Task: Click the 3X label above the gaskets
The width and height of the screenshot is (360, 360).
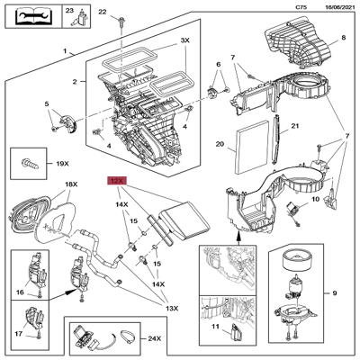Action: pyautogui.click(x=185, y=41)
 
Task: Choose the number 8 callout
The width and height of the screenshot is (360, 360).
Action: pyautogui.click(x=343, y=39)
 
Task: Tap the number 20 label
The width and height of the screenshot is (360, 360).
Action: pyautogui.click(x=220, y=143)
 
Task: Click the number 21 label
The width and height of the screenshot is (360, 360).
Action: pyautogui.click(x=292, y=127)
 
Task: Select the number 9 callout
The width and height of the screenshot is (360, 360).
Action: pyautogui.click(x=335, y=293)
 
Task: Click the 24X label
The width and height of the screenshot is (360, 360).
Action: pyautogui.click(x=155, y=340)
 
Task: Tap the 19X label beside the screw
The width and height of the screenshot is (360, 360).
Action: pyautogui.click(x=62, y=166)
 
